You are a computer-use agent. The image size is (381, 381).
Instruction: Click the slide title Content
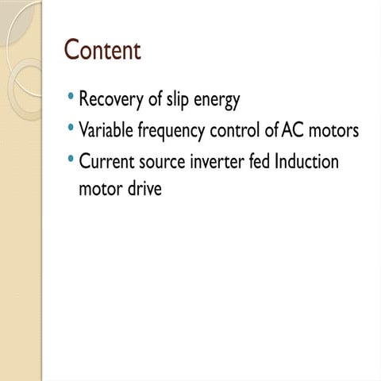(102, 50)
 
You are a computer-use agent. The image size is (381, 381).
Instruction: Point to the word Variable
(106, 131)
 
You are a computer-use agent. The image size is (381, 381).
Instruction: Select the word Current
(106, 161)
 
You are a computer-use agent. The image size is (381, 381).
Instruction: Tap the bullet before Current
(71, 159)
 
